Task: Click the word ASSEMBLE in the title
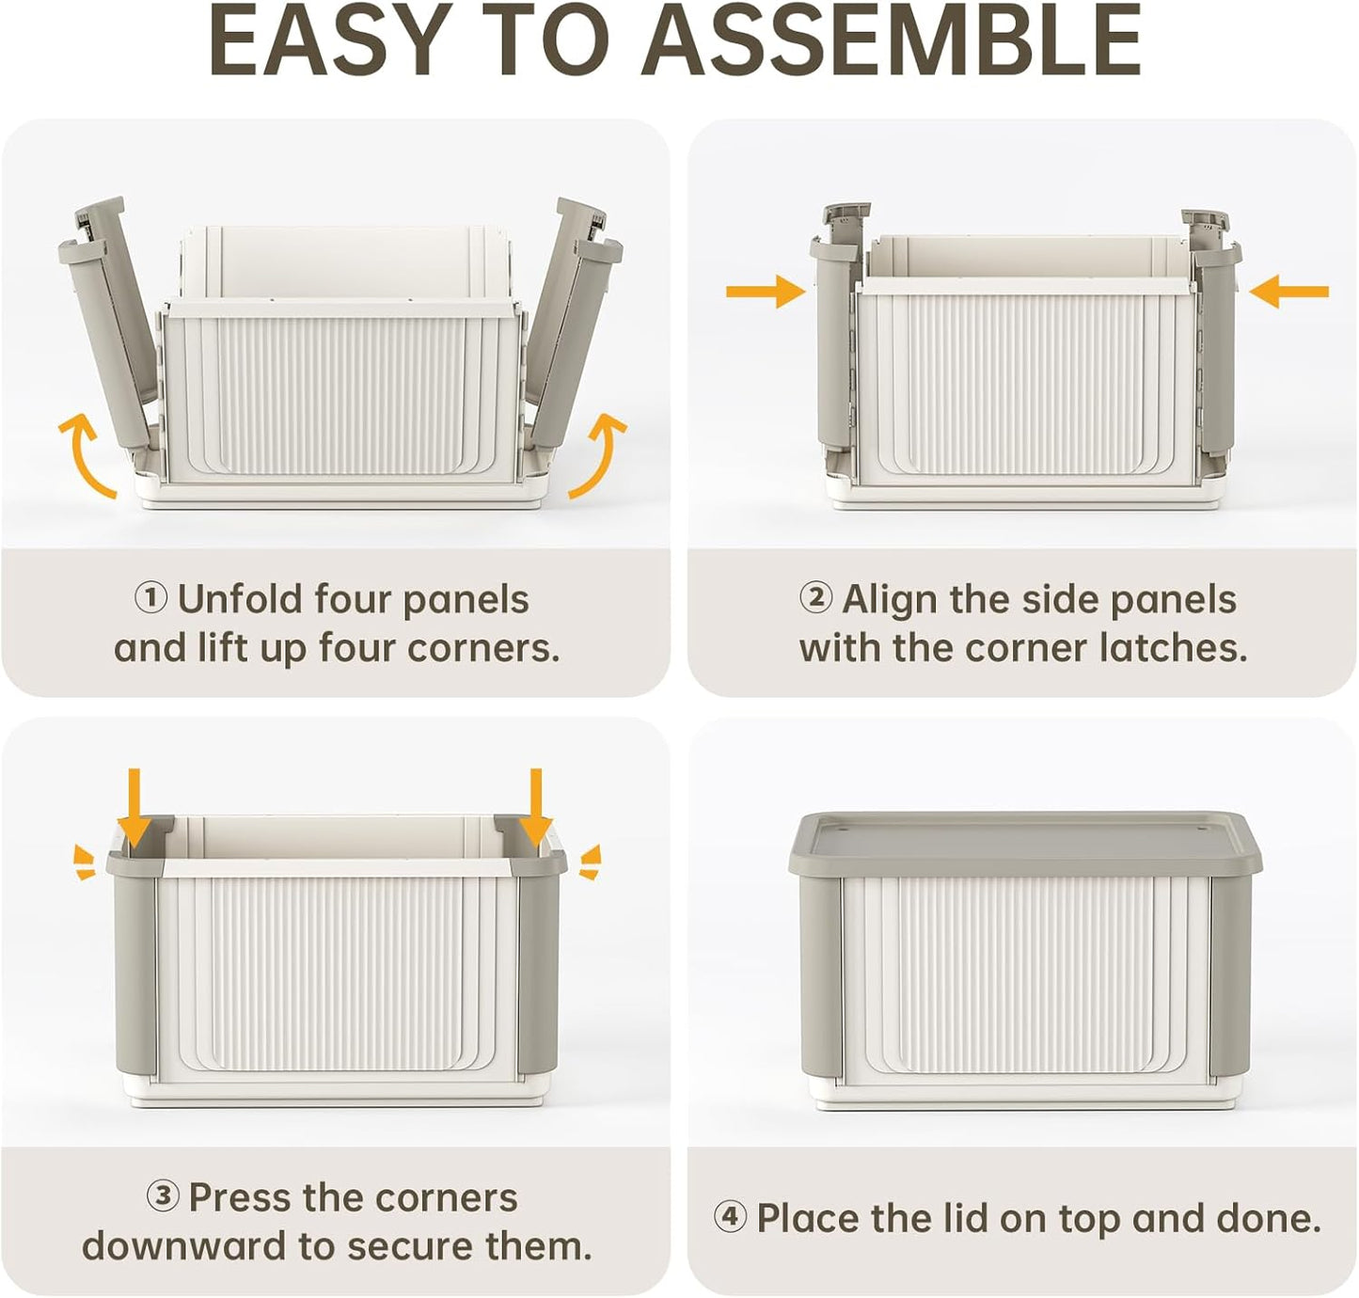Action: click(x=893, y=42)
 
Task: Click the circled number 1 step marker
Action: click(x=150, y=598)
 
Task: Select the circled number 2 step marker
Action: click(x=815, y=598)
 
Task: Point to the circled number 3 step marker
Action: click(x=163, y=1196)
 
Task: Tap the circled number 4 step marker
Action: click(x=730, y=1217)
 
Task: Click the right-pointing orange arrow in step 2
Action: click(x=765, y=292)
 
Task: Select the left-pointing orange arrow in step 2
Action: click(x=1289, y=292)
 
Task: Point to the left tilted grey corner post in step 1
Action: click(x=111, y=320)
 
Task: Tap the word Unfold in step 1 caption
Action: click(x=240, y=598)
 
